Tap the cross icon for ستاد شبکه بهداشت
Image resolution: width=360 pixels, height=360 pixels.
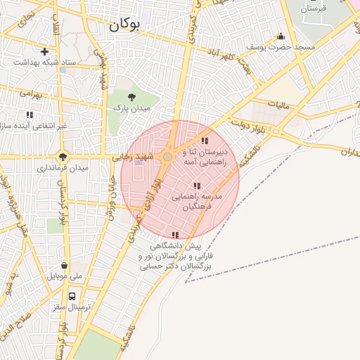[x=45, y=51]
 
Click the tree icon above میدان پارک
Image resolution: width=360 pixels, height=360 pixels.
[x=131, y=98]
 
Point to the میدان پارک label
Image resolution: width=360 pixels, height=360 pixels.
[x=132, y=109]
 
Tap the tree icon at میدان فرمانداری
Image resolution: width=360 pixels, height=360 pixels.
[x=63, y=157]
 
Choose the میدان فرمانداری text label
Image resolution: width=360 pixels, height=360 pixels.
[x=63, y=169]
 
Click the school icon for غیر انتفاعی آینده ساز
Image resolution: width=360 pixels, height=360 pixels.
[x=30, y=115]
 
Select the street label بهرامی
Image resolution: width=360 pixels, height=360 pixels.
[x=32, y=92]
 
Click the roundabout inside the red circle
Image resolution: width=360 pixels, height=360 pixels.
[x=168, y=157]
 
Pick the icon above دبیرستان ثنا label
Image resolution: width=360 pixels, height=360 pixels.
[x=205, y=141]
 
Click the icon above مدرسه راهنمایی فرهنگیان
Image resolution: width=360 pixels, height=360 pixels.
[x=197, y=186]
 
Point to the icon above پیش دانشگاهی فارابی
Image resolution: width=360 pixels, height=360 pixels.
[x=175, y=235]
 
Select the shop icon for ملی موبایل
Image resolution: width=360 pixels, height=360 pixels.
[x=65, y=266]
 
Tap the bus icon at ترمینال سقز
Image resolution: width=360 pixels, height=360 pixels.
[x=72, y=297]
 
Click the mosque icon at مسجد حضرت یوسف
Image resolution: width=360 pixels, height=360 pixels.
[x=281, y=37]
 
